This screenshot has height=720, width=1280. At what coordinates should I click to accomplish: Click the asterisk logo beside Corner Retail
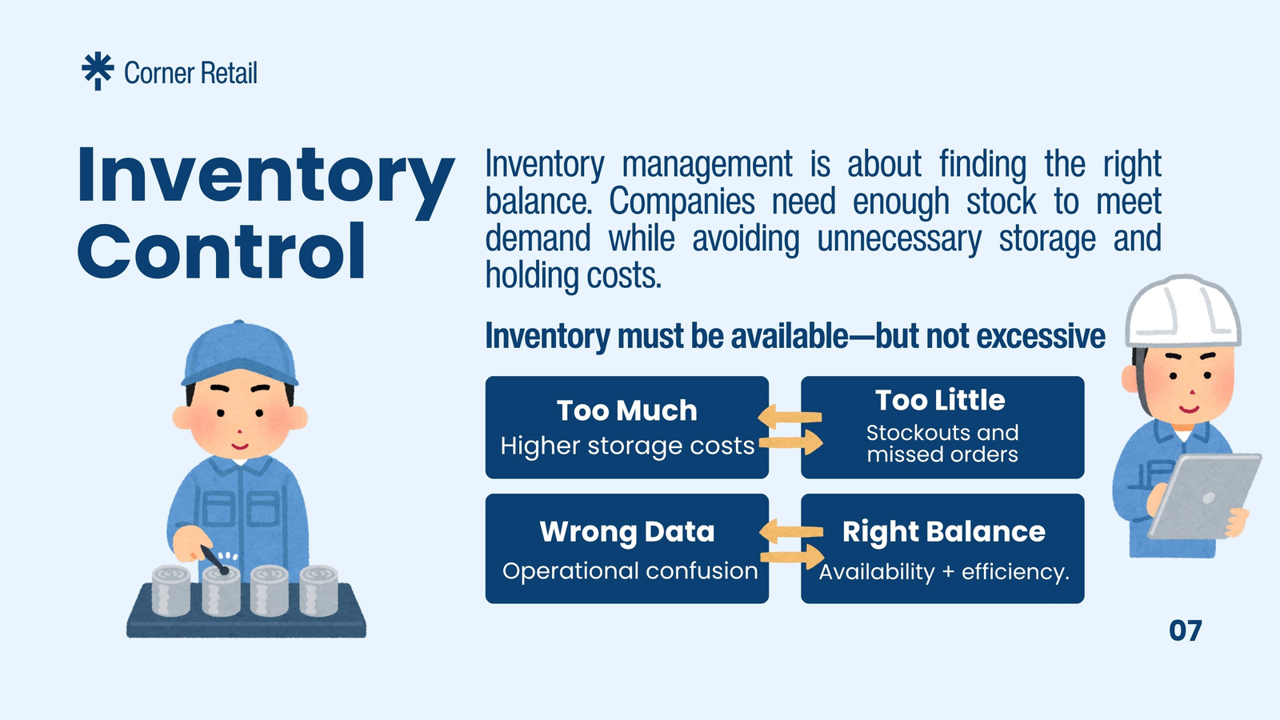tap(98, 71)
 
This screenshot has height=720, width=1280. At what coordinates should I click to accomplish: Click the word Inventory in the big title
tap(266, 177)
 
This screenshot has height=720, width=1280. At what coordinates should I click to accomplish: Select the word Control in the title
tap(221, 251)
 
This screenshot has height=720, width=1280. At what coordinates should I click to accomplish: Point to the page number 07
tap(1185, 631)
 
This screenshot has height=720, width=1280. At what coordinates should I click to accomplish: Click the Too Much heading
tap(627, 410)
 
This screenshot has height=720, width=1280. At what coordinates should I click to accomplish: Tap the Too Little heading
tap(940, 400)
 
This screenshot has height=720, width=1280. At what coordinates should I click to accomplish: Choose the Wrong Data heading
tap(627, 531)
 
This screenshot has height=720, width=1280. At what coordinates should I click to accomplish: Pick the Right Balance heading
tap(943, 532)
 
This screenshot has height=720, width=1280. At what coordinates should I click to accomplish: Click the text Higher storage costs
tap(627, 446)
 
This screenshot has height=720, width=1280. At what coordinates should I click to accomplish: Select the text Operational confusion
tap(630, 571)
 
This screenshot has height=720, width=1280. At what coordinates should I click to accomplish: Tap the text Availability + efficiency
tap(944, 571)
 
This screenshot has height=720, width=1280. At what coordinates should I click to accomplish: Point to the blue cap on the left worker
tap(240, 353)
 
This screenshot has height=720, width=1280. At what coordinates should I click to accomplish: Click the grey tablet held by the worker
tap(1205, 496)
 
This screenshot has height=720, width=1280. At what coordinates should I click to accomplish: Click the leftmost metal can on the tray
tap(171, 590)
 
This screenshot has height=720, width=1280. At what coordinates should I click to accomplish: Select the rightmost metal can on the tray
tap(318, 590)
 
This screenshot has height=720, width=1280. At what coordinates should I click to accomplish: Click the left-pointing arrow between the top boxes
tap(790, 416)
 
